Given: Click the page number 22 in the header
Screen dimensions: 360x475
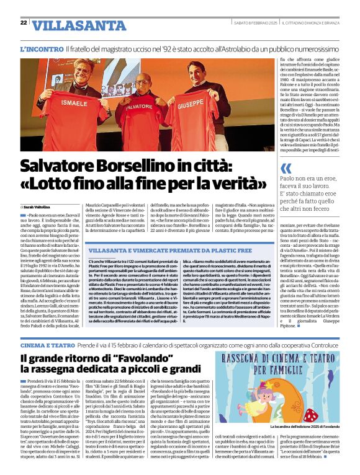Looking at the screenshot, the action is click(x=23, y=22).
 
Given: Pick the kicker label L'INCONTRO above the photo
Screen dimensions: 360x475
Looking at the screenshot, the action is click(x=42, y=48).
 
